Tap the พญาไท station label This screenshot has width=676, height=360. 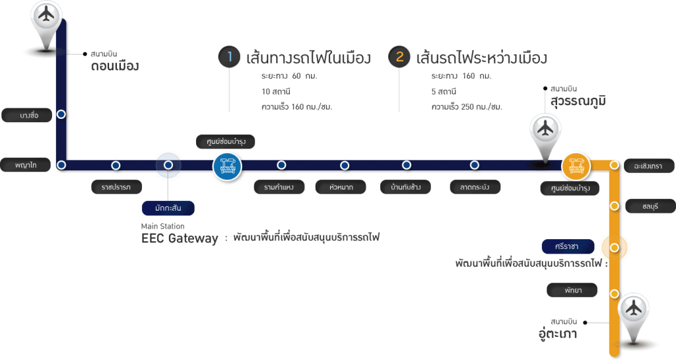coord(26,164)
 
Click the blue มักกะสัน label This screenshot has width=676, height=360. coord(168,209)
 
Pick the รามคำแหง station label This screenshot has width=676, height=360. coord(279,188)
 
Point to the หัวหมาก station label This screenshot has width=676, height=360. coord(341,188)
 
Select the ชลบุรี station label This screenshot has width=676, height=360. coord(650,206)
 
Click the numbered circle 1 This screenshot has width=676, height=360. coord(229,57)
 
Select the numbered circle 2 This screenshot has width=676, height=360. coord(399,57)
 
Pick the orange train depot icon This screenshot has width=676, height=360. coord(576,165)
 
